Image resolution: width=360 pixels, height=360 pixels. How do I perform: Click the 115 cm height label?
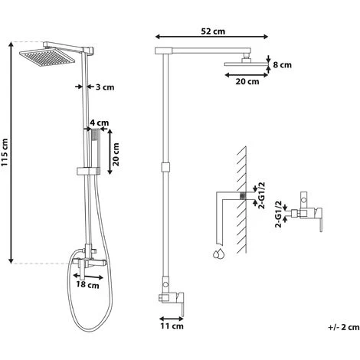click(x=5, y=152)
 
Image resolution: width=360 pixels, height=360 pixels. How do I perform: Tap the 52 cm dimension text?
click(x=213, y=31)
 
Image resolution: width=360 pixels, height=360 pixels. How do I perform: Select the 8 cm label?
click(x=282, y=65)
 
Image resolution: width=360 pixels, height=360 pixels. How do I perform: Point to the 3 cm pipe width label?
click(x=105, y=87)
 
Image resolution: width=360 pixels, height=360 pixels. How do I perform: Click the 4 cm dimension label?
click(x=100, y=123)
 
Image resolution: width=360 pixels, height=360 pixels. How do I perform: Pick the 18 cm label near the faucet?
click(x=87, y=285)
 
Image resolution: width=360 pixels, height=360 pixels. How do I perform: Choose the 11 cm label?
click(x=172, y=326)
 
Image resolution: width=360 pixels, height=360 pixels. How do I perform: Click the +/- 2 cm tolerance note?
click(x=344, y=327)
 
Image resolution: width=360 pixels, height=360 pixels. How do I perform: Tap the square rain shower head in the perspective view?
click(x=47, y=57)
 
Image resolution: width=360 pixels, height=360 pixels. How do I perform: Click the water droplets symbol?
click(x=219, y=254)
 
